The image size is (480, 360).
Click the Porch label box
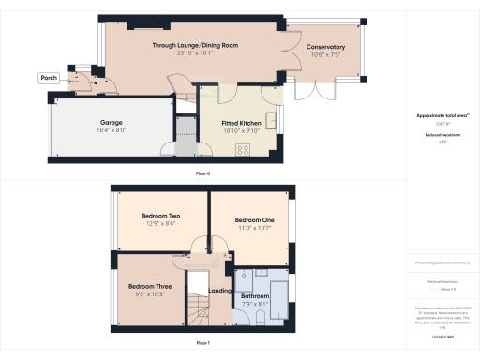50,78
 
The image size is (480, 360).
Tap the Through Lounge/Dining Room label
195,45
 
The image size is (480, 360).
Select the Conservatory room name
325,47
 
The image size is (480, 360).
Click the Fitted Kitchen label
240,123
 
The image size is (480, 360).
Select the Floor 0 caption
202,173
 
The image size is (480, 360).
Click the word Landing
220,291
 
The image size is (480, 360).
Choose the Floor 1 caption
202,344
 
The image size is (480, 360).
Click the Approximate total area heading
441,115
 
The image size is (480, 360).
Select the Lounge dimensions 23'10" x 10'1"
195,53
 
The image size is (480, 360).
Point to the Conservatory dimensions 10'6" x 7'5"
325,55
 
